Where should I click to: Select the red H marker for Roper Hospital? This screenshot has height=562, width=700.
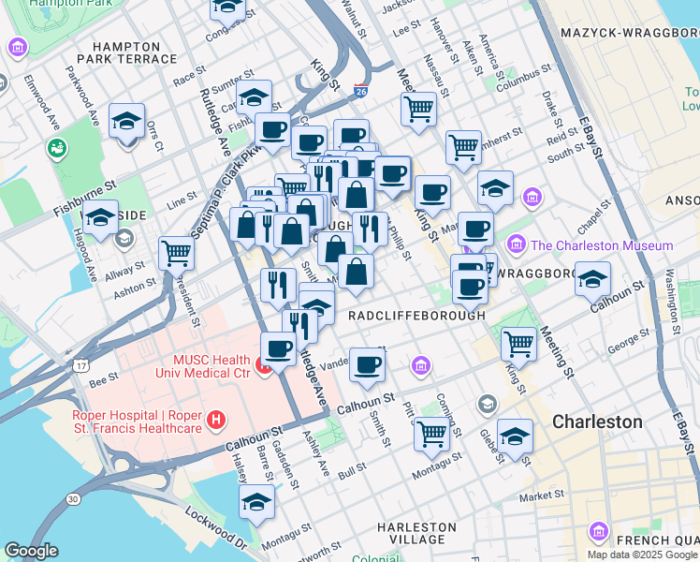click(x=217, y=421)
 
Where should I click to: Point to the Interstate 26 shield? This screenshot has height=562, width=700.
click(x=361, y=92)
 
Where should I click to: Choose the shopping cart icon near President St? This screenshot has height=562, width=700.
click(x=176, y=252)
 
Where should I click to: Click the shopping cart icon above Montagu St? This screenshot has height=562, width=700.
click(x=430, y=433)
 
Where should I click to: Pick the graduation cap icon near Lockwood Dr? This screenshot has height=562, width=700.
click(x=256, y=501)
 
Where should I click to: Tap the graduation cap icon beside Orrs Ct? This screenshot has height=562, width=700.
click(x=126, y=122)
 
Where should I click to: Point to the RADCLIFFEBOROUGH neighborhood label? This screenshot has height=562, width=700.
click(x=416, y=316)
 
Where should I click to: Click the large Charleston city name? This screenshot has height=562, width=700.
click(x=597, y=421)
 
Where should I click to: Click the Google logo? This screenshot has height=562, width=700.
click(x=31, y=551)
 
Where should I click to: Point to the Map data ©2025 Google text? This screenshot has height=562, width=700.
click(x=642, y=554)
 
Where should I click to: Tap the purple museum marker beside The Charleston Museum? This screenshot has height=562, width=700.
click(x=516, y=244)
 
